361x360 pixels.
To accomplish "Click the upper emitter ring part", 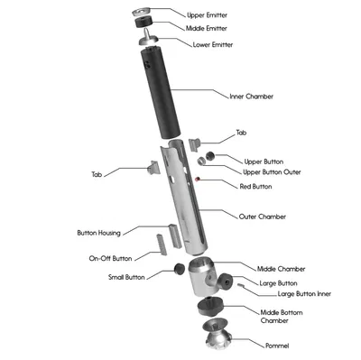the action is click(141, 12).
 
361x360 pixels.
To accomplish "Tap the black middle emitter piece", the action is click(143, 23).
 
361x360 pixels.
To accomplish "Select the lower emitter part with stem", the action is click(149, 37).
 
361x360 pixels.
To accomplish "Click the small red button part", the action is click(198, 180).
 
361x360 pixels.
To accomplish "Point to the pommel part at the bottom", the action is click(218, 335).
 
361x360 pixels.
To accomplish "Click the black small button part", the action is click(180, 269).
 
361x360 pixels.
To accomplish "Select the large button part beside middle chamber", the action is click(226, 282).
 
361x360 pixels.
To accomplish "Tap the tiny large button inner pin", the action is click(241, 285).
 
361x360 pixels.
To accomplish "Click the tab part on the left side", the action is click(153, 168).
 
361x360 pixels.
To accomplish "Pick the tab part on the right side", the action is click(195, 143).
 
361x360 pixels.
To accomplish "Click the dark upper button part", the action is click(210, 156).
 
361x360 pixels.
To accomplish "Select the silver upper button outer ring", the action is click(201, 161).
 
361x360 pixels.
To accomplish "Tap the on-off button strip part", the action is click(162, 245).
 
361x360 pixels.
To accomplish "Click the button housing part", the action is click(175, 235).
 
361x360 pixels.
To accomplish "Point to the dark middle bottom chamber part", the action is click(210, 308).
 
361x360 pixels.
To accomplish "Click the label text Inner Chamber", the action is click(252, 97).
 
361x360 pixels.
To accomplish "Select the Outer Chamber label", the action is click(263, 217).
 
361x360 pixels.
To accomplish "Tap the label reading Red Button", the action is click(255, 187).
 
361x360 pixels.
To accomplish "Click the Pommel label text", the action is click(277, 346).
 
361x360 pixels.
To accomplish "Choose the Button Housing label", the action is click(99, 233).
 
